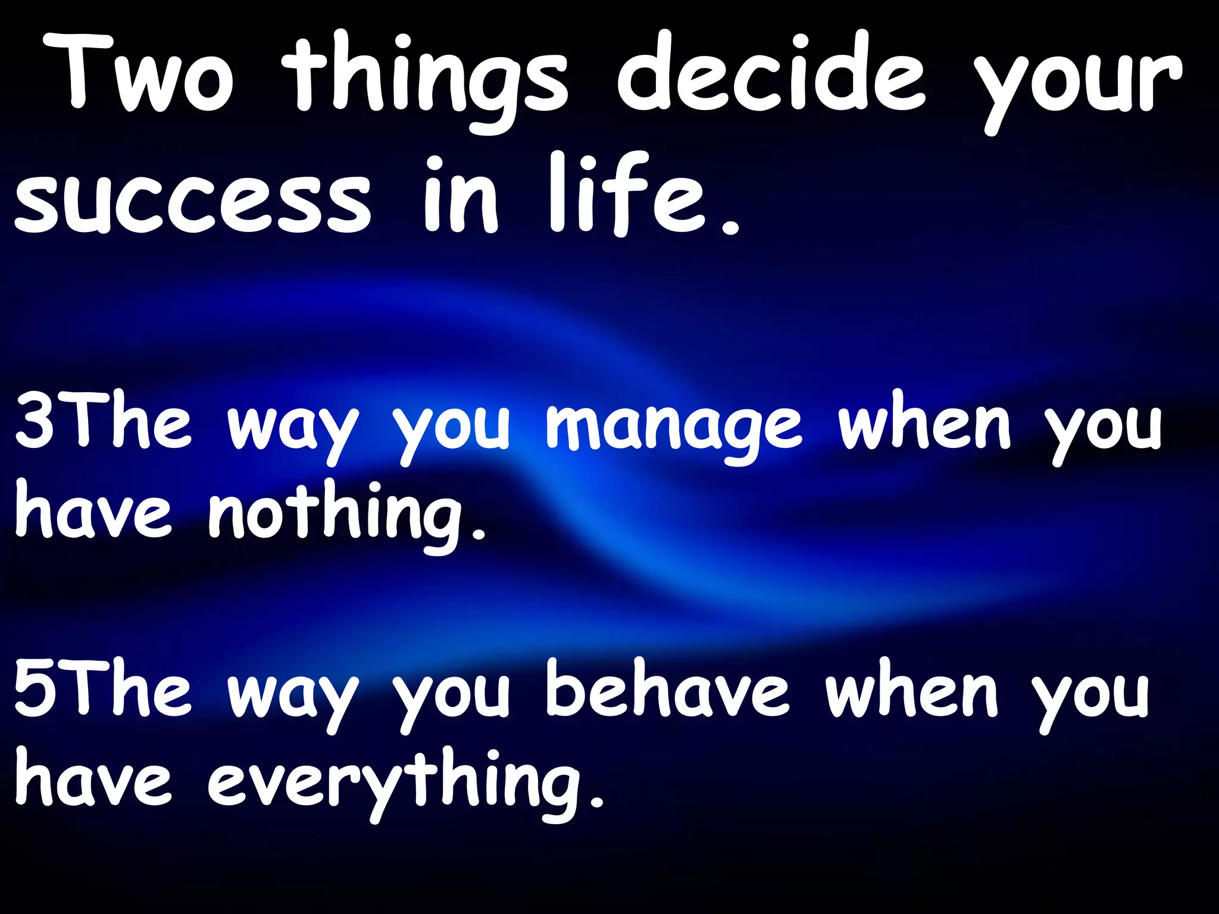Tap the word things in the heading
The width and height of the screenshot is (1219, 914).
[x=426, y=80]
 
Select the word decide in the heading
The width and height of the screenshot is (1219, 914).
[x=771, y=74]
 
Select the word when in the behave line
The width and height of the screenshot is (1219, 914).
[x=911, y=690]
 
